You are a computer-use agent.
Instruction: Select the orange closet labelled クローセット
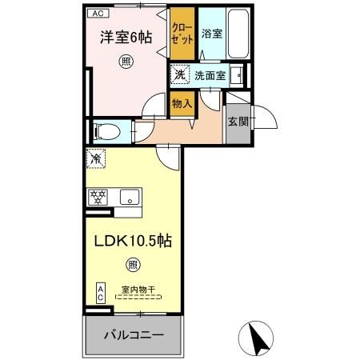(x=182, y=34)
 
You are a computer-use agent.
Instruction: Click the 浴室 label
(x=211, y=34)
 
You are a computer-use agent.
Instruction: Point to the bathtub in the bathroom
(x=237, y=34)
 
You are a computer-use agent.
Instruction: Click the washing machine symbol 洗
(x=180, y=75)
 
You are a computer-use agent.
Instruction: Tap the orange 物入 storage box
(x=181, y=103)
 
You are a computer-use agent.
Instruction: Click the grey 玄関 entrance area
(x=238, y=122)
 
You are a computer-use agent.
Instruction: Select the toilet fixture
(x=108, y=130)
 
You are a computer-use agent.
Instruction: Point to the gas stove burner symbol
(x=98, y=197)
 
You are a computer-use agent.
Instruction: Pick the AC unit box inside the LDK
(x=101, y=293)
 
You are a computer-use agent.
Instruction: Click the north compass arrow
(x=259, y=339)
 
